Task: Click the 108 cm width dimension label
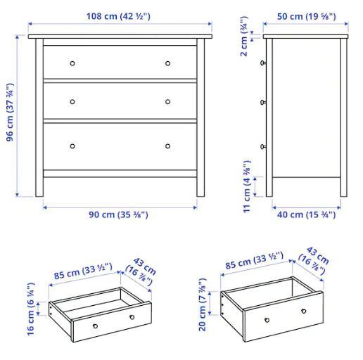[118, 16]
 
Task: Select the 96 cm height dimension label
[11, 112]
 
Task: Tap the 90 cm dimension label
[118, 214]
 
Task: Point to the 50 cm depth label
[306, 16]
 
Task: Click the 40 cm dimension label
[306, 214]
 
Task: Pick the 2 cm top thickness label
[244, 37]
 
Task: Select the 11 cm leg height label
[247, 187]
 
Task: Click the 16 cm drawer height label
[31, 309]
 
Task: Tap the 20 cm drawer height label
[203, 304]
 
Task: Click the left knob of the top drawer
[72, 63]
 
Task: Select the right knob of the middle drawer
[167, 102]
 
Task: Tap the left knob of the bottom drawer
[72, 146]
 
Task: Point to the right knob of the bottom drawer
[167, 146]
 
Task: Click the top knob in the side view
[263, 63]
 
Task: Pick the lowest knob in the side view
[263, 147]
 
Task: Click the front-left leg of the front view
[39, 117]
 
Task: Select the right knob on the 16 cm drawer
[132, 317]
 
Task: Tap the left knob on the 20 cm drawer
[267, 320]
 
